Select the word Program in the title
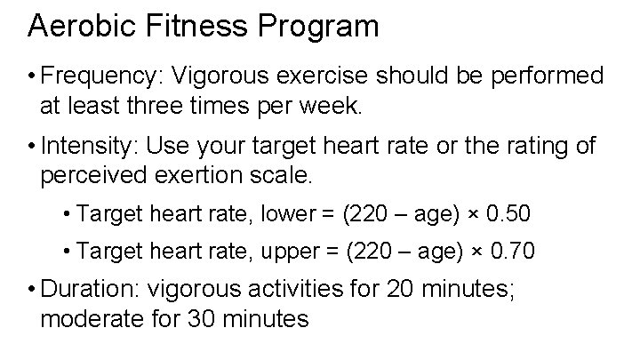[x=316, y=26]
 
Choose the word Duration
[x=93, y=290]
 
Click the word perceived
[x=94, y=175]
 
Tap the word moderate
[x=93, y=319]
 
